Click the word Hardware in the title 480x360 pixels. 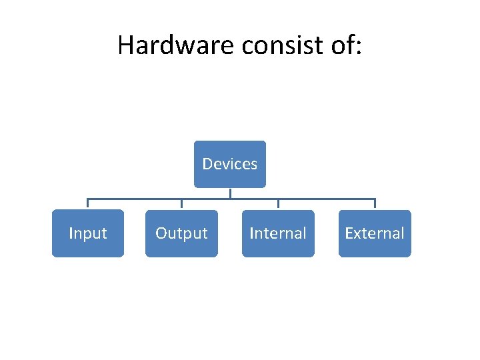coord(176,45)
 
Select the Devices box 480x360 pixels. coord(230,164)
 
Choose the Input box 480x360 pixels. coord(88,233)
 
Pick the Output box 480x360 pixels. coord(181,233)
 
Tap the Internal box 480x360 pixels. coord(278,233)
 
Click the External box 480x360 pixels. coord(375,233)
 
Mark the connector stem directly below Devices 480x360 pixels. coord(230,193)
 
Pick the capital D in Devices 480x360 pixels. coord(207,164)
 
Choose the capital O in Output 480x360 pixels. coord(161,233)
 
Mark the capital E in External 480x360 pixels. coord(349,233)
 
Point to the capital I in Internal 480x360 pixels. coord(251,233)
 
